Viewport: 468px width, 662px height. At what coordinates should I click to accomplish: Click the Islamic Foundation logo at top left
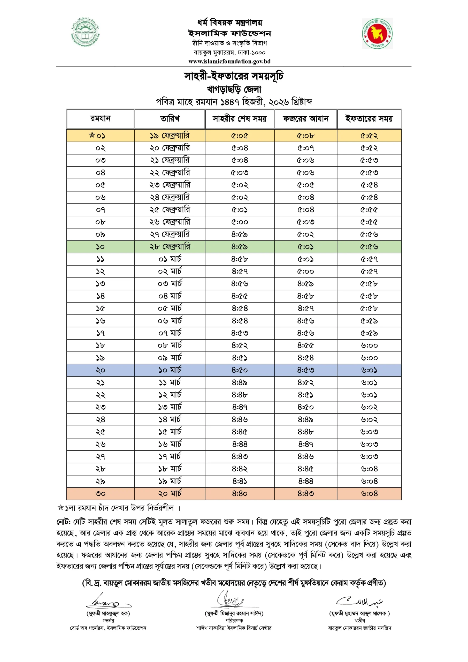tap(85, 32)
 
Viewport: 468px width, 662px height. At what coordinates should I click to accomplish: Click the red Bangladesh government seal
tap(377, 33)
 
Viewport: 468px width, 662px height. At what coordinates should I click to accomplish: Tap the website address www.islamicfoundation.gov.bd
tap(229, 61)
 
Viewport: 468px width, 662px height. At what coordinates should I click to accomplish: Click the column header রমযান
tap(100, 119)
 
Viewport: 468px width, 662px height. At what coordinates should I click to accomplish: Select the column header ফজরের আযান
tap(305, 119)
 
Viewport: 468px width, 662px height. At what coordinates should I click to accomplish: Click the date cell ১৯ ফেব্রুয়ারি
tap(170, 136)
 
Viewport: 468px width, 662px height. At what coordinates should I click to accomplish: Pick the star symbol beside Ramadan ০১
tap(92, 135)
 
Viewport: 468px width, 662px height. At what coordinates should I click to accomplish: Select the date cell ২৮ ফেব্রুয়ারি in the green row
tap(170, 247)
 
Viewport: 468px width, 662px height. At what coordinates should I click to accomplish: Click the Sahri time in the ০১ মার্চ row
tap(240, 259)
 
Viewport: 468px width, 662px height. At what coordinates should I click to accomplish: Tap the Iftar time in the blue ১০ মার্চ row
tap(369, 370)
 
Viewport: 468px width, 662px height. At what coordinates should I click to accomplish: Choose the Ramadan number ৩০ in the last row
tap(100, 494)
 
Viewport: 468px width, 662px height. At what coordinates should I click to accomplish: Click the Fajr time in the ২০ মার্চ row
tap(305, 494)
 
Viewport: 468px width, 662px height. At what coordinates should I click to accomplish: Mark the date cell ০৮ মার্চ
tap(170, 345)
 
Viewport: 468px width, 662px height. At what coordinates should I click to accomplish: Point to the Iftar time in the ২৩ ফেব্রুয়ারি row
tap(369, 185)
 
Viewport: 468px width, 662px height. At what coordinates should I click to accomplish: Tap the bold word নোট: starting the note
tap(64, 522)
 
